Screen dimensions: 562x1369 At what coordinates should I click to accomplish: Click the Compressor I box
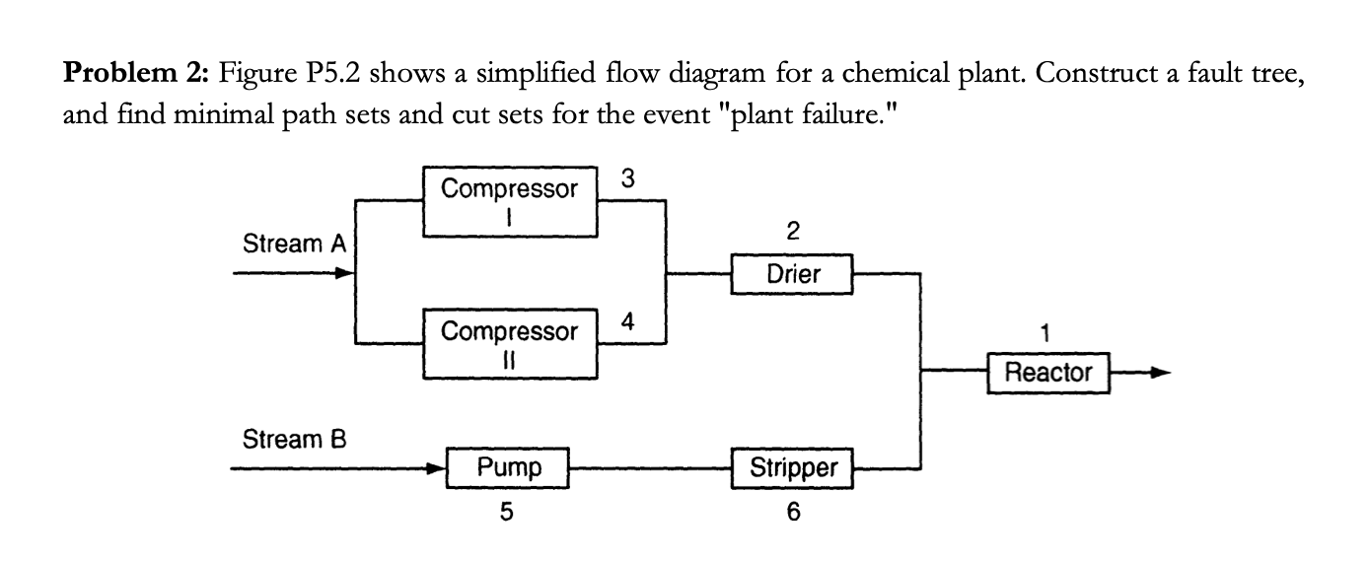(x=510, y=202)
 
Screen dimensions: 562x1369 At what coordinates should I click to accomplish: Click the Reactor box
(x=1048, y=373)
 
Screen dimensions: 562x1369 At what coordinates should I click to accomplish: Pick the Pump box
(x=509, y=468)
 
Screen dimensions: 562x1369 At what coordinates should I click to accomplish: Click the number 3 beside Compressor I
(x=628, y=179)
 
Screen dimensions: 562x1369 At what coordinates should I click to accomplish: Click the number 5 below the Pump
(x=507, y=512)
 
